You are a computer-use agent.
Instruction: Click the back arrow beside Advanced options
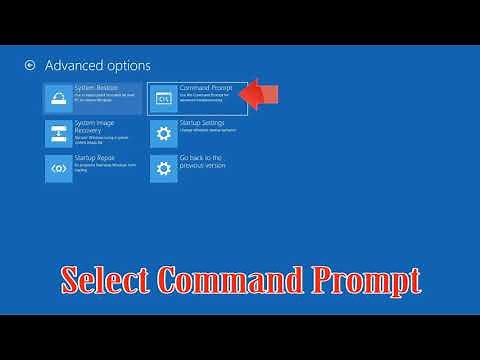(x=30, y=65)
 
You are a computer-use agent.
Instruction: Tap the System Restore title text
(x=98, y=88)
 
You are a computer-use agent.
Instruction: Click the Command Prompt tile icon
(x=163, y=98)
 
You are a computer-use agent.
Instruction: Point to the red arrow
(x=262, y=96)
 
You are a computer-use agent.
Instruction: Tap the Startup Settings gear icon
(x=163, y=133)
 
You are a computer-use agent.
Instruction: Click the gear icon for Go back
(x=163, y=168)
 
